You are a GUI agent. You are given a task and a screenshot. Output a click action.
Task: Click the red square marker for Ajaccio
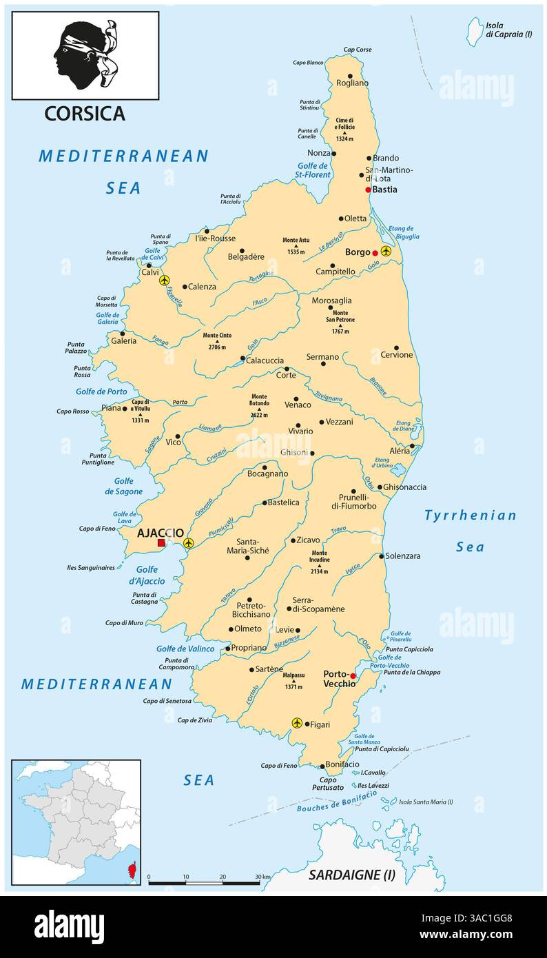[161, 543]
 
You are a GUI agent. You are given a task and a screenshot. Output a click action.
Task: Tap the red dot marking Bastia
[369, 190]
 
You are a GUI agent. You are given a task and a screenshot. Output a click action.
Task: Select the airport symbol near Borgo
[386, 252]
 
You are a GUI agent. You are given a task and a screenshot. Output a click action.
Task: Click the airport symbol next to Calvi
[164, 280]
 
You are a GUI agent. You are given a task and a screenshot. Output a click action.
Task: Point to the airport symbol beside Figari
[297, 722]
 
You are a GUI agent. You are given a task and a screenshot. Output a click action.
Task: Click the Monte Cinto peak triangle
[217, 342]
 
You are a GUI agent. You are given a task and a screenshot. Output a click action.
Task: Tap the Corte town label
[286, 375]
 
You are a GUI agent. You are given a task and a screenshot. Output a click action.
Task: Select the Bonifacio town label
[342, 764]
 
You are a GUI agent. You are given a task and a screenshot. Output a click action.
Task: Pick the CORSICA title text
[85, 114]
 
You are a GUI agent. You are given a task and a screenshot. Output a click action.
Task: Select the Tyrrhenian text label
[471, 516]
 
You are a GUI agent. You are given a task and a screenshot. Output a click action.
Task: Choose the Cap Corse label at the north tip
[358, 50]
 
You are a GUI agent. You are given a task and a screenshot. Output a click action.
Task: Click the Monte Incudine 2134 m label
[319, 562]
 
